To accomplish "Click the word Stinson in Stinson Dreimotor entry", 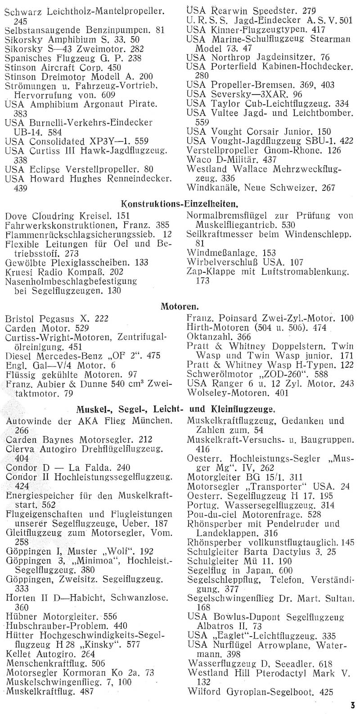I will click(x=21, y=77).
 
